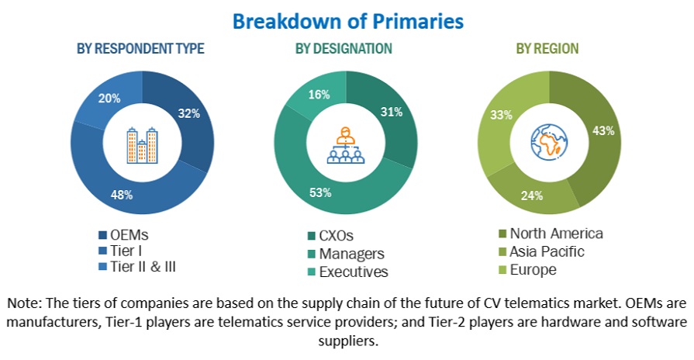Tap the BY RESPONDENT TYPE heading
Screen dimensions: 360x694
[x=140, y=48]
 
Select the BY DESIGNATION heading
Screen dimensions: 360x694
[x=344, y=48]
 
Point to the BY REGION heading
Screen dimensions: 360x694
[x=547, y=48]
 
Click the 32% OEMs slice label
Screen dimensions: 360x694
[x=190, y=113]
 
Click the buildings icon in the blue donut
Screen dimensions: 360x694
[x=142, y=146]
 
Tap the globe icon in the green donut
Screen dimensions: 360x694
[x=548, y=144]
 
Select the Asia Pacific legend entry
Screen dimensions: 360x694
[x=545, y=251]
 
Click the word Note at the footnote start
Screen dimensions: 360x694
[x=25, y=302]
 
